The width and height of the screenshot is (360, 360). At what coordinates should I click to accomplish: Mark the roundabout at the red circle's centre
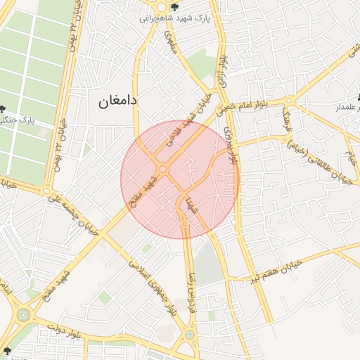point(163,169)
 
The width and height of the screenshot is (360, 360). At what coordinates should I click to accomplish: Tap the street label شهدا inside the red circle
point(191,204)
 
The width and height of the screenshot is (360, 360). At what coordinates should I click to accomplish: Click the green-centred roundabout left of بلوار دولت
point(23,314)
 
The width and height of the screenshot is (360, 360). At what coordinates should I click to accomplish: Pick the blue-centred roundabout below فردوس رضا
point(191,335)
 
